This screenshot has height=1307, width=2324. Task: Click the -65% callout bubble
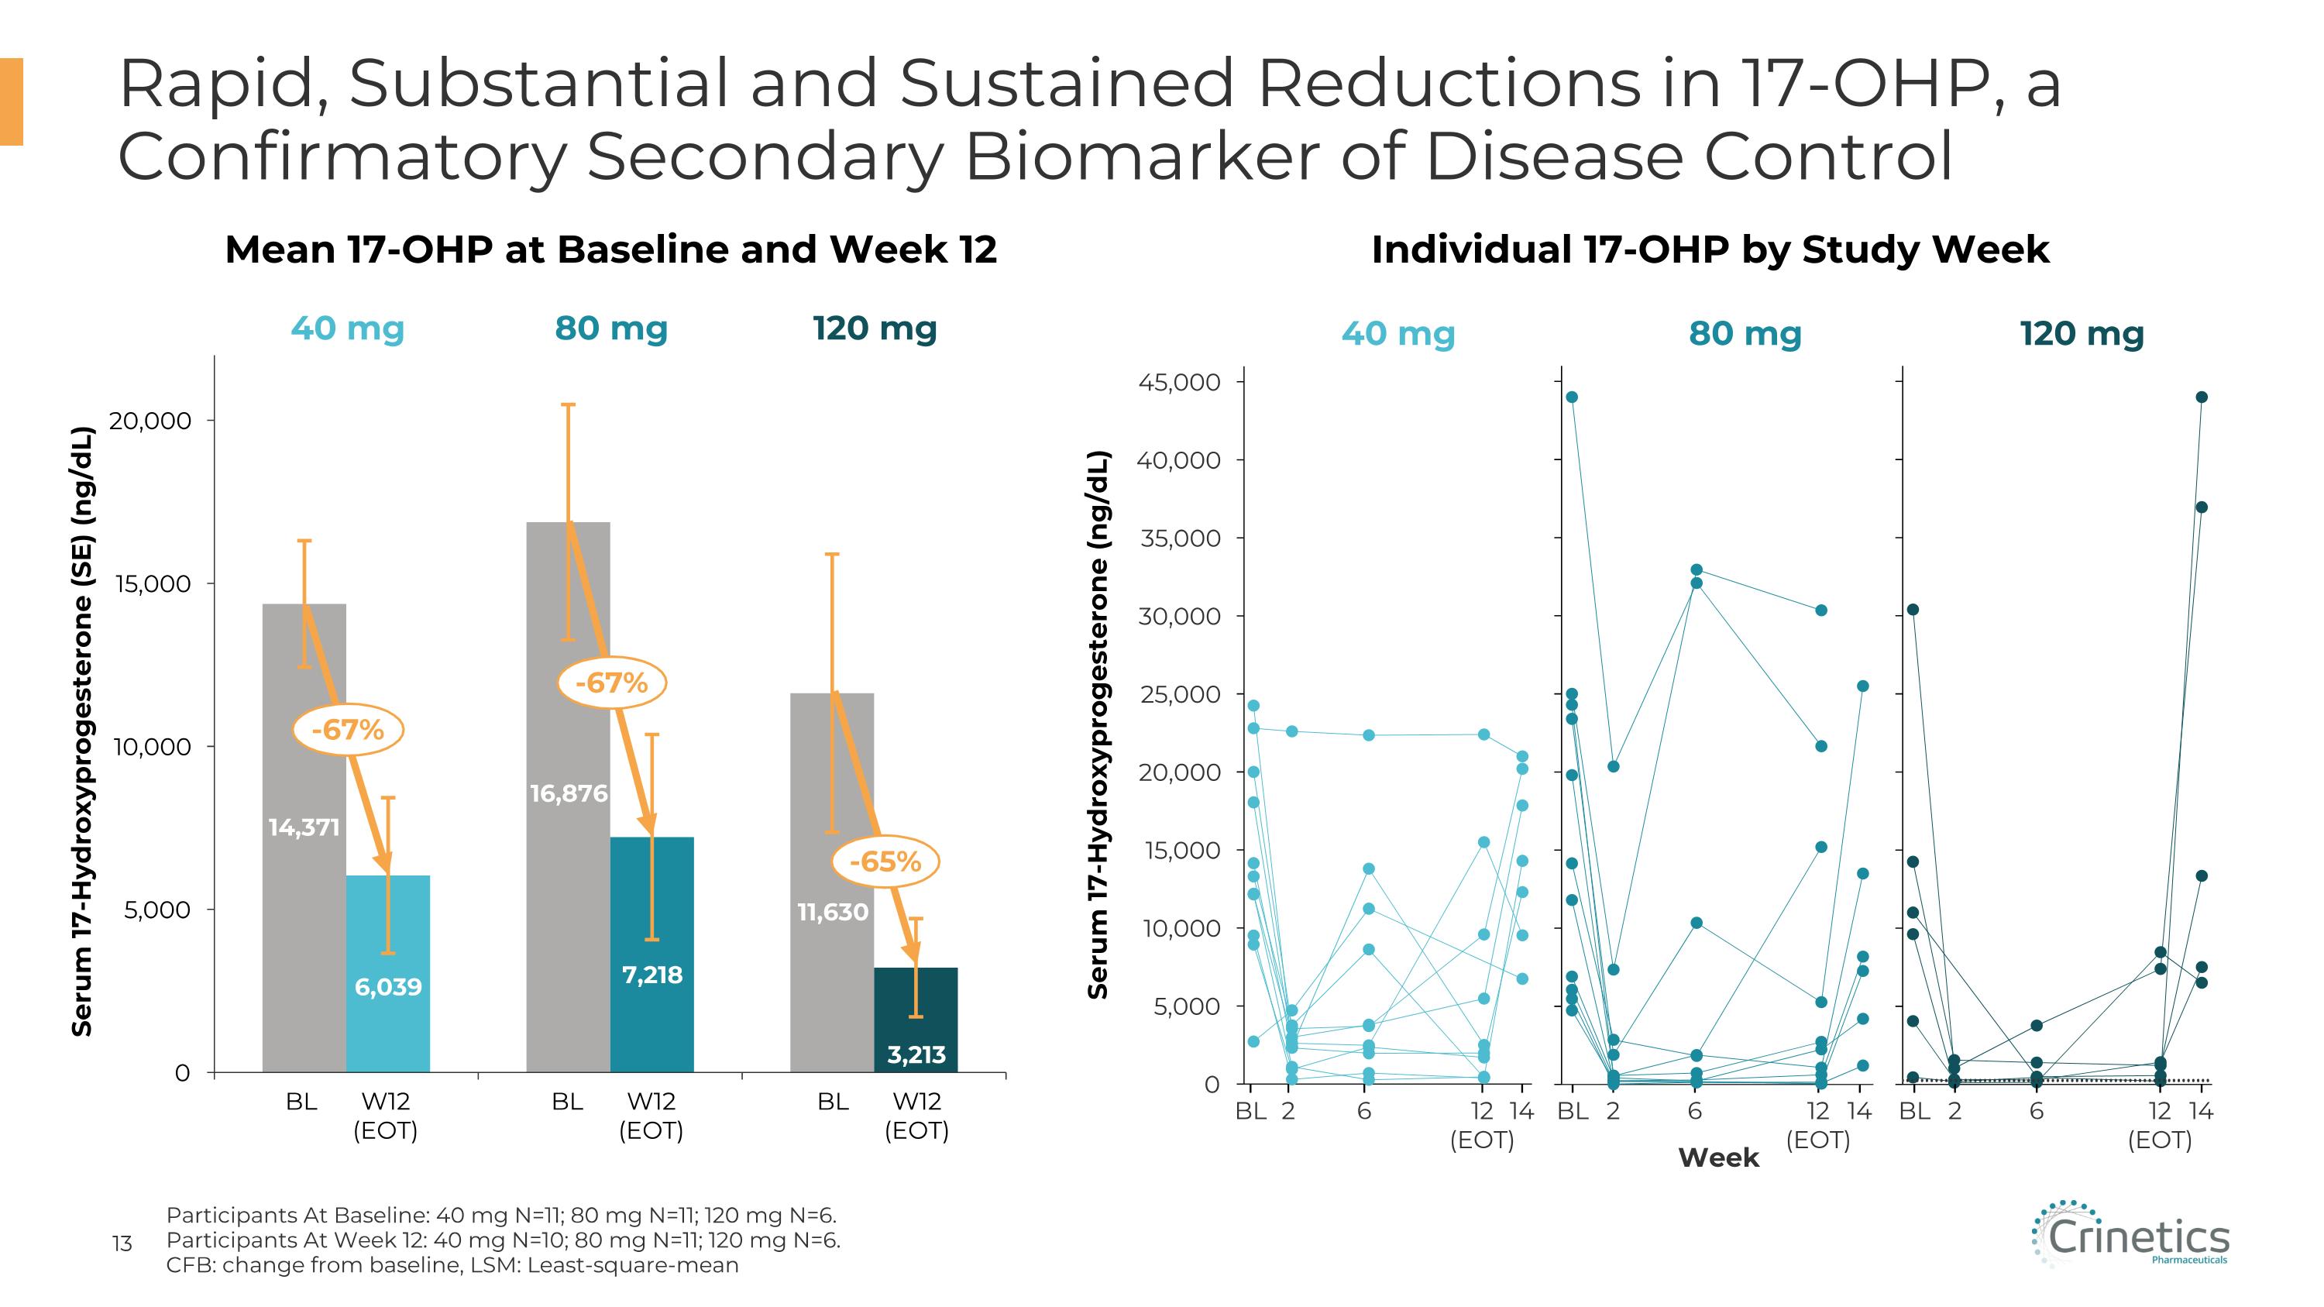(885, 862)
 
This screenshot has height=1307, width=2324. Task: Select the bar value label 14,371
(304, 827)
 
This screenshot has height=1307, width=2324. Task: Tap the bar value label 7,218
(652, 975)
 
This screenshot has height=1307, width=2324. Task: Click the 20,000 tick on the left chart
(150, 421)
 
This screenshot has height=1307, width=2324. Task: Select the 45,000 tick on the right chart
(1178, 383)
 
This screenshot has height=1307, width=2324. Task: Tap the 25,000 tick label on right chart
(1178, 694)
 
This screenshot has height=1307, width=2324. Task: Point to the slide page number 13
(122, 1244)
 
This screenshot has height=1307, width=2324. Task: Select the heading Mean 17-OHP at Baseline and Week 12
(610, 249)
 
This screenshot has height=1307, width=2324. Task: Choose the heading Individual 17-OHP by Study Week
(1710, 249)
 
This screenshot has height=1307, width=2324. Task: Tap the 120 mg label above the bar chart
(874, 328)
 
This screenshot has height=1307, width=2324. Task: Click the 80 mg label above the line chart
(1745, 334)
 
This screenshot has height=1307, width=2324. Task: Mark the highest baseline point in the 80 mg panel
(1572, 397)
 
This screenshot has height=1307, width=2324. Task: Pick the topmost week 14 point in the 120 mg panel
(2202, 397)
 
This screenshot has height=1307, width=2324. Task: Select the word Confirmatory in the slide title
(341, 156)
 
